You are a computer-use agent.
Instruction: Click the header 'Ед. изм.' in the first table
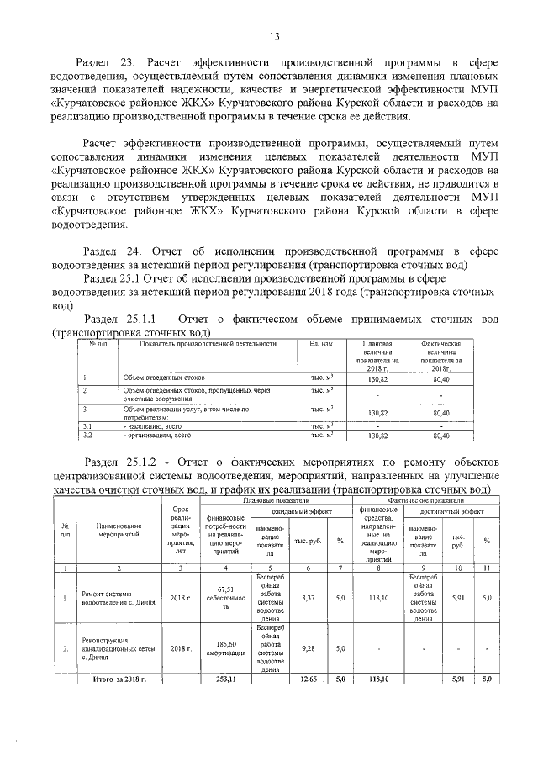click(x=323, y=344)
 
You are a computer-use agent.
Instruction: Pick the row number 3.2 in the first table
click(x=86, y=436)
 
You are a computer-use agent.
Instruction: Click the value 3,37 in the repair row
click(x=307, y=598)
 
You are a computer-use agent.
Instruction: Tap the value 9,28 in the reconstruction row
click(x=307, y=648)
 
